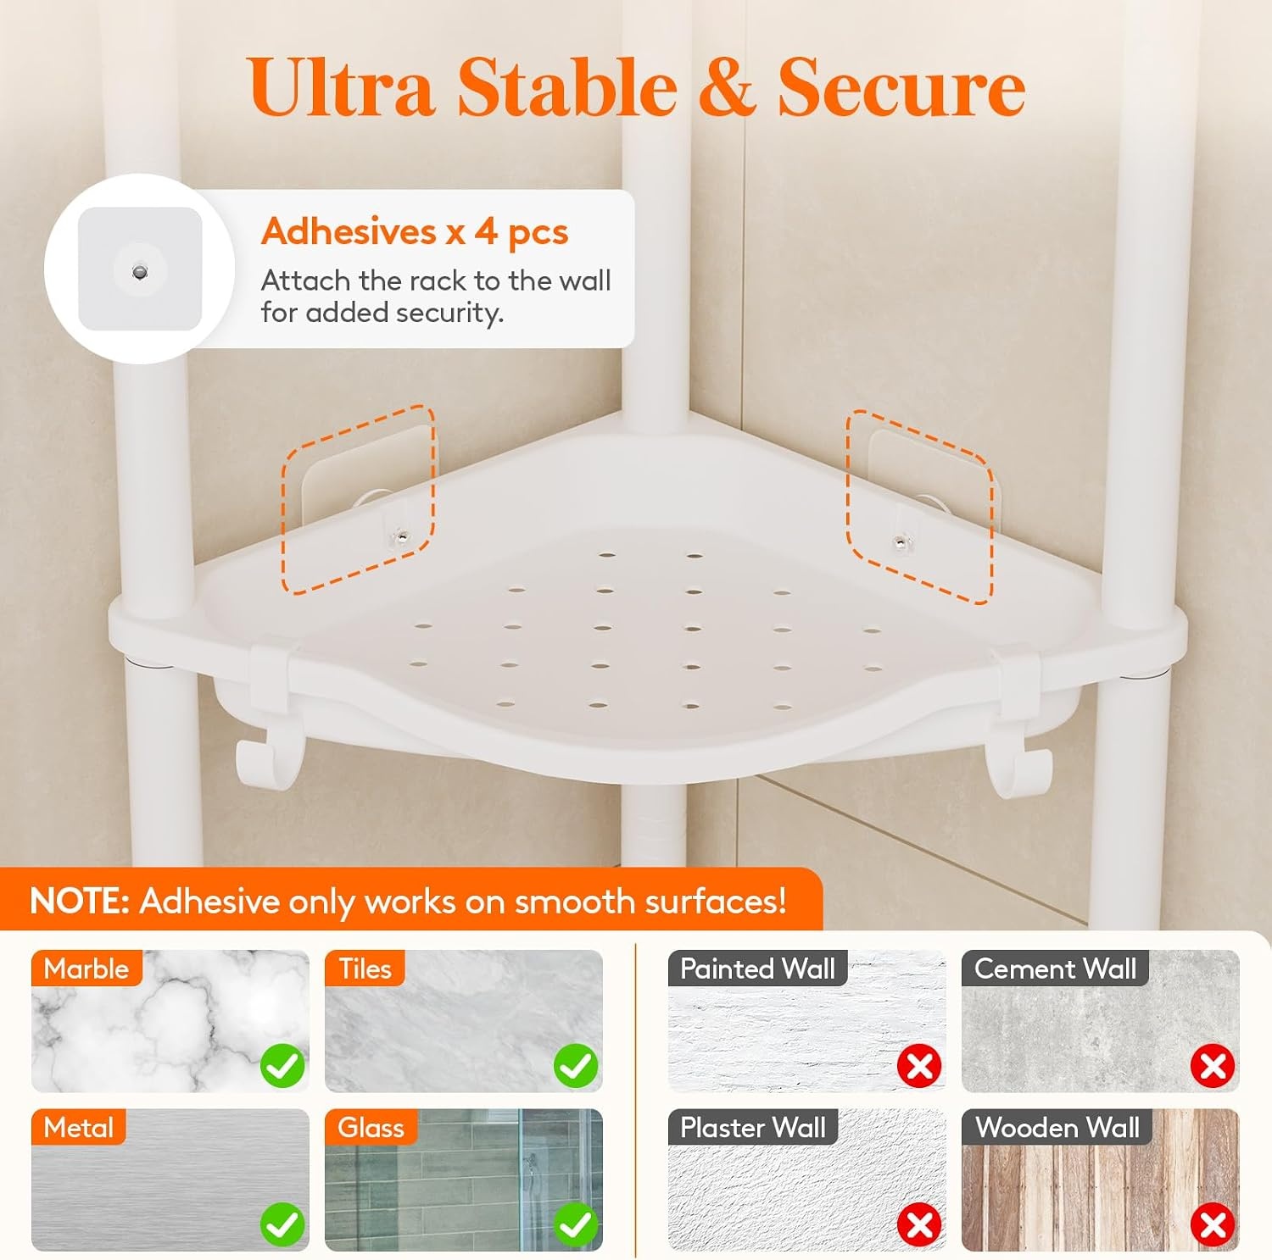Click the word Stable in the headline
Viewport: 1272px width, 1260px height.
(x=567, y=87)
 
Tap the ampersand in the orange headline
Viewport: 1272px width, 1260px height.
(x=727, y=87)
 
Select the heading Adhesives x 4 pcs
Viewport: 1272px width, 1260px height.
(x=415, y=231)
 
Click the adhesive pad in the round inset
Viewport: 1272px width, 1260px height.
(x=140, y=269)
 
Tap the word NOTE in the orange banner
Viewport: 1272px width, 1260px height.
(x=79, y=901)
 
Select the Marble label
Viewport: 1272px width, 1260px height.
(x=86, y=969)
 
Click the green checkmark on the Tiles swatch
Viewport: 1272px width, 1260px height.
(x=576, y=1065)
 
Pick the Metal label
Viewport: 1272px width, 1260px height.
(x=78, y=1127)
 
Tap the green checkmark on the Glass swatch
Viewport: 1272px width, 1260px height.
(x=576, y=1224)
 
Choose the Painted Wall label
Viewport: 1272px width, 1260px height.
(x=758, y=969)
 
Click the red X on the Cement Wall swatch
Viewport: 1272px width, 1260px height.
(x=1213, y=1066)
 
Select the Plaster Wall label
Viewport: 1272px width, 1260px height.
(x=753, y=1127)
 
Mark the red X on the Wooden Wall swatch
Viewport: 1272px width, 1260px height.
(x=1213, y=1224)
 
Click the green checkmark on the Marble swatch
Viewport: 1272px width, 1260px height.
(x=283, y=1065)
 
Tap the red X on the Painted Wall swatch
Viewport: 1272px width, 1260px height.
(x=920, y=1066)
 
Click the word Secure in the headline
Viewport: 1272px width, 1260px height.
(x=902, y=87)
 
